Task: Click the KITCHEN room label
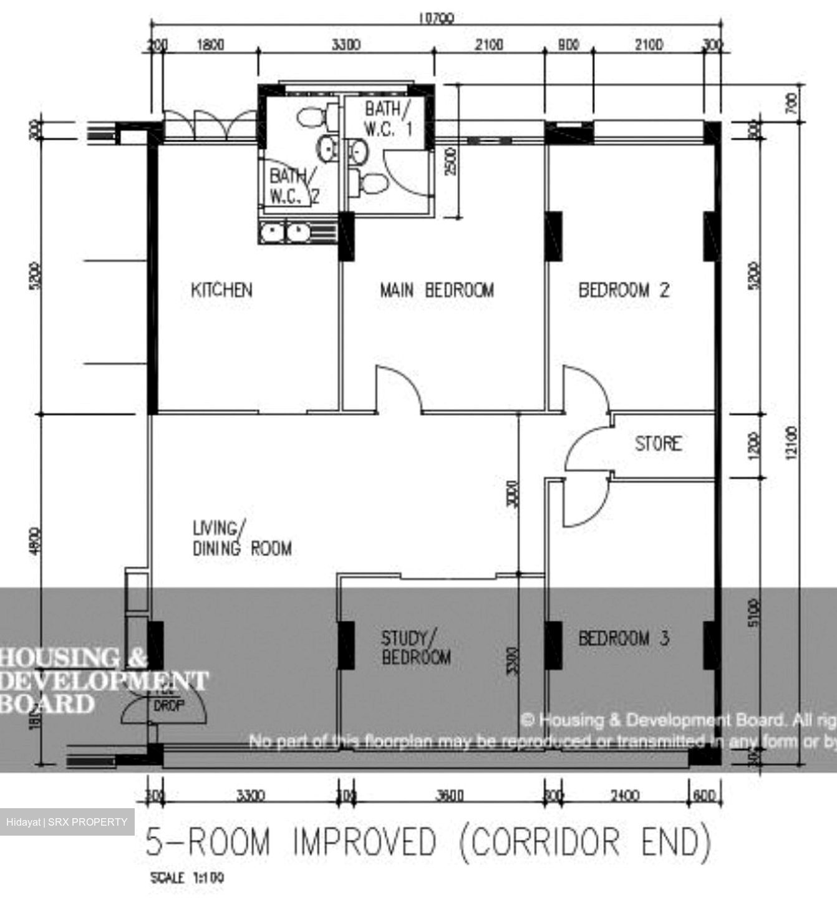[221, 290]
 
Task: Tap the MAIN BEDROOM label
[437, 290]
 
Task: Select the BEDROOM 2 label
[624, 290]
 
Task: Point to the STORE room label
[658, 443]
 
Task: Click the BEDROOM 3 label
[624, 638]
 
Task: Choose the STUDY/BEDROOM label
[416, 647]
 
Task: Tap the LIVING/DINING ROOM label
[242, 538]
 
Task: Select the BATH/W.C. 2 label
[293, 186]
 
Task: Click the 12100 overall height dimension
[791, 443]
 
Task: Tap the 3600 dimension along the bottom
[448, 796]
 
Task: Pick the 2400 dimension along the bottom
[624, 796]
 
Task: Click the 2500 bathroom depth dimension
[452, 160]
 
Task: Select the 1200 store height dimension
[754, 445]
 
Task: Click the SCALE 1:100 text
[187, 878]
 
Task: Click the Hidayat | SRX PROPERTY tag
[67, 822]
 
